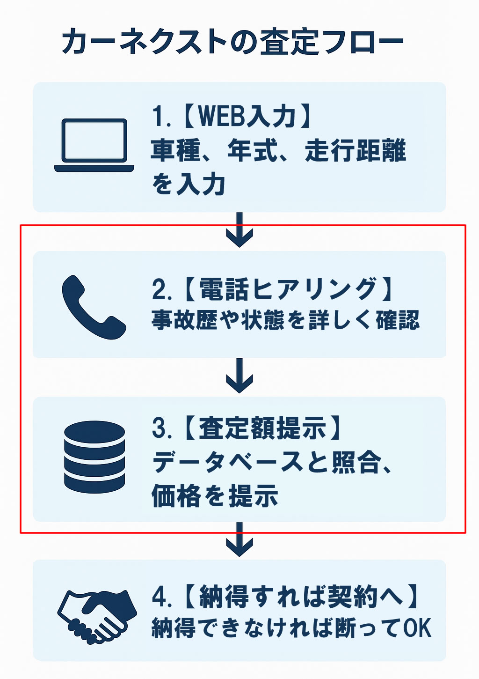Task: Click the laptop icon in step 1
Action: (94, 145)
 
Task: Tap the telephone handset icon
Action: (94, 307)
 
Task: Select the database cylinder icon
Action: (94, 457)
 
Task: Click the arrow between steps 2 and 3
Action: (239, 376)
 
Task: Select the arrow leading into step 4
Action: (239, 539)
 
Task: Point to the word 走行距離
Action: (356, 151)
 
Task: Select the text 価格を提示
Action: (215, 496)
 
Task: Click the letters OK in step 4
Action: (417, 628)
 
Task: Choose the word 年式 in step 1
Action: (253, 151)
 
